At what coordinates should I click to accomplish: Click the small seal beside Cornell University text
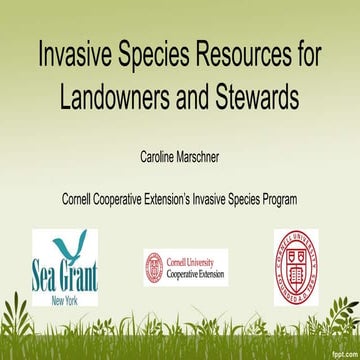coord(154,265)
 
